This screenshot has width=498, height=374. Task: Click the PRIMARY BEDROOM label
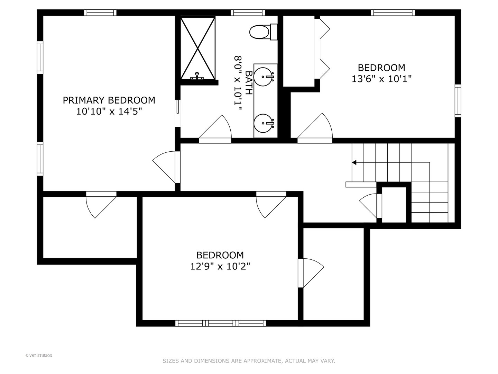109,100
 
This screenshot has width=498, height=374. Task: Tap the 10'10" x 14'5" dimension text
109,112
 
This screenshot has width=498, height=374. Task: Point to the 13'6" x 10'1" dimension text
381,79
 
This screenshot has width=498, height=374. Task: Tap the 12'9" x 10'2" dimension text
220,266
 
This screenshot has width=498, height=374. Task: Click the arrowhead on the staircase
354,162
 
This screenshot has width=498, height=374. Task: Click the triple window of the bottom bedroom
221,323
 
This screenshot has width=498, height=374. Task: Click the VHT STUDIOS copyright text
39,356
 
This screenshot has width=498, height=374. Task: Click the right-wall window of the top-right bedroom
458,101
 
